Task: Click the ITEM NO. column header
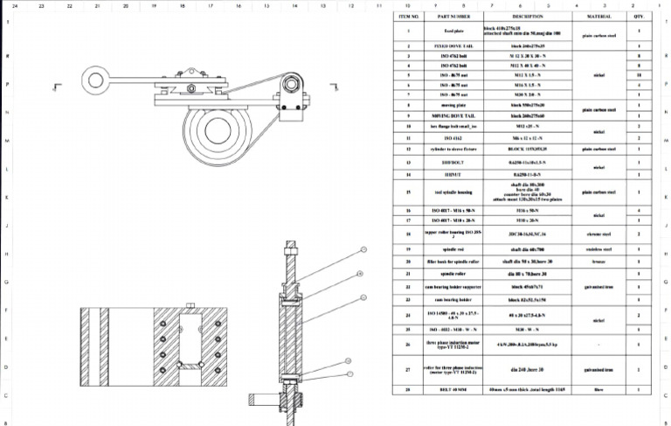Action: [410, 16]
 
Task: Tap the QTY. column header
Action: [640, 16]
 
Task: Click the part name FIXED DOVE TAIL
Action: [460, 44]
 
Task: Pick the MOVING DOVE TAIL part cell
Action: [460, 115]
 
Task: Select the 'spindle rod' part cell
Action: [460, 248]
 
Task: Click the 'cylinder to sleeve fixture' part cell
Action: [460, 150]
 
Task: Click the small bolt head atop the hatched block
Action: [189, 304]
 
